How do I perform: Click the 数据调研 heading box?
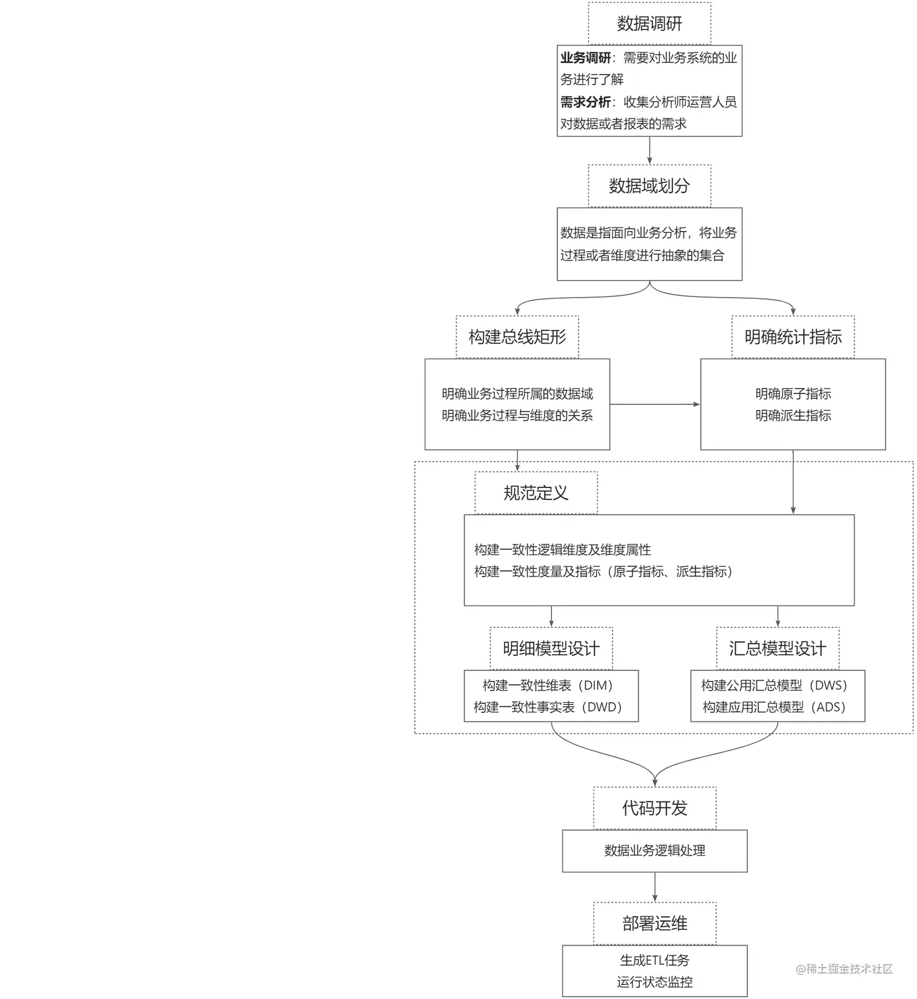pos(649,24)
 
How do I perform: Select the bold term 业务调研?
pos(585,58)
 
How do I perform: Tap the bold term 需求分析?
pos(585,102)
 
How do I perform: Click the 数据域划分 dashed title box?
pos(649,186)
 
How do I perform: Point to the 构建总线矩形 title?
pos(517,337)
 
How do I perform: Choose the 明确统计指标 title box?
pos(793,337)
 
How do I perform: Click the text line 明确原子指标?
pos(793,394)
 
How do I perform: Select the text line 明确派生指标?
pos(793,416)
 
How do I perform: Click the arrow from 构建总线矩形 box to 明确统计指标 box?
pos(655,404)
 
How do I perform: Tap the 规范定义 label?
pos(536,493)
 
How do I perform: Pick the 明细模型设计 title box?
pos(551,649)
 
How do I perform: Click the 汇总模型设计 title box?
pos(778,649)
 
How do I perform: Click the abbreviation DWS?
pos(827,686)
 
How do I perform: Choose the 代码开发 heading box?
pos(654,808)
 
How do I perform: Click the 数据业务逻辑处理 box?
pos(654,851)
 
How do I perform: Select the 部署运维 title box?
pos(654,924)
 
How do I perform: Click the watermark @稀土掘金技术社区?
pos(844,969)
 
